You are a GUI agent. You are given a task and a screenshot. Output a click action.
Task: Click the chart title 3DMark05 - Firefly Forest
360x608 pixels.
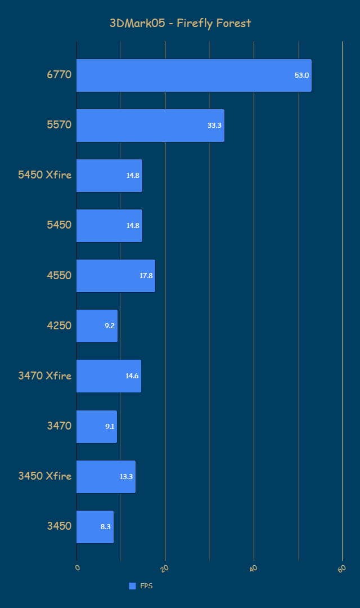click(180, 23)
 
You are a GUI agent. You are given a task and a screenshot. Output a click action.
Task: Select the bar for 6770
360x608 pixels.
click(193, 75)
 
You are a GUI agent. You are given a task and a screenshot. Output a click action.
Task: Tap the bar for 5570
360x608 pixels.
click(150, 126)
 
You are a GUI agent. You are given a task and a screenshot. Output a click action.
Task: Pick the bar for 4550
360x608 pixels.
click(115, 276)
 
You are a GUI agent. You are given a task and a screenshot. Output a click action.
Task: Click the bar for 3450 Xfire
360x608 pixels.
click(106, 477)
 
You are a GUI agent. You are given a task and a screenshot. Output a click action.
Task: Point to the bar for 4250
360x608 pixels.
click(97, 326)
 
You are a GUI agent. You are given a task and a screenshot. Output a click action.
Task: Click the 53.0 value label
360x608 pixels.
click(302, 75)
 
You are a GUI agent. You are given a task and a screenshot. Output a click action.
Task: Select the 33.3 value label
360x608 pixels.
click(214, 126)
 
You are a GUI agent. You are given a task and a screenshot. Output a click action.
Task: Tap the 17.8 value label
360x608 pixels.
click(146, 276)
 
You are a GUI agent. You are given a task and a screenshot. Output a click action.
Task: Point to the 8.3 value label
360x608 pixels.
click(106, 527)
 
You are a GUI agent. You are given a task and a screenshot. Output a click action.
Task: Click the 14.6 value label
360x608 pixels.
click(132, 376)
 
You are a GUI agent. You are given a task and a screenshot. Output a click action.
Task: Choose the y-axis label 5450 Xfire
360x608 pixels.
click(45, 175)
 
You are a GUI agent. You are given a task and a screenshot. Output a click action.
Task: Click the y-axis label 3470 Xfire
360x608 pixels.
click(45, 375)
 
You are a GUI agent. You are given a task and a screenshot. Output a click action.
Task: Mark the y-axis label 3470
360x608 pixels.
click(59, 426)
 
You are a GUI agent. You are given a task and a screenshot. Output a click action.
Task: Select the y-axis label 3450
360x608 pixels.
click(59, 526)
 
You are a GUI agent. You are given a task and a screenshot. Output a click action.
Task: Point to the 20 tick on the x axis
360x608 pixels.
click(165, 569)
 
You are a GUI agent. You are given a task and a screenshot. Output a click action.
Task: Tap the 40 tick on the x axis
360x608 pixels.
click(253, 569)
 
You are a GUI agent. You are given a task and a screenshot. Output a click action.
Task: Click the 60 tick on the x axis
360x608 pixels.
click(341, 569)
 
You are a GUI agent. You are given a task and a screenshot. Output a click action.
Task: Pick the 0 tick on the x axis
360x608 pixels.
click(78, 567)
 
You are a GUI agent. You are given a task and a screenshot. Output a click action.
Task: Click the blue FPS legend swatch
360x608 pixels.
click(132, 586)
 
